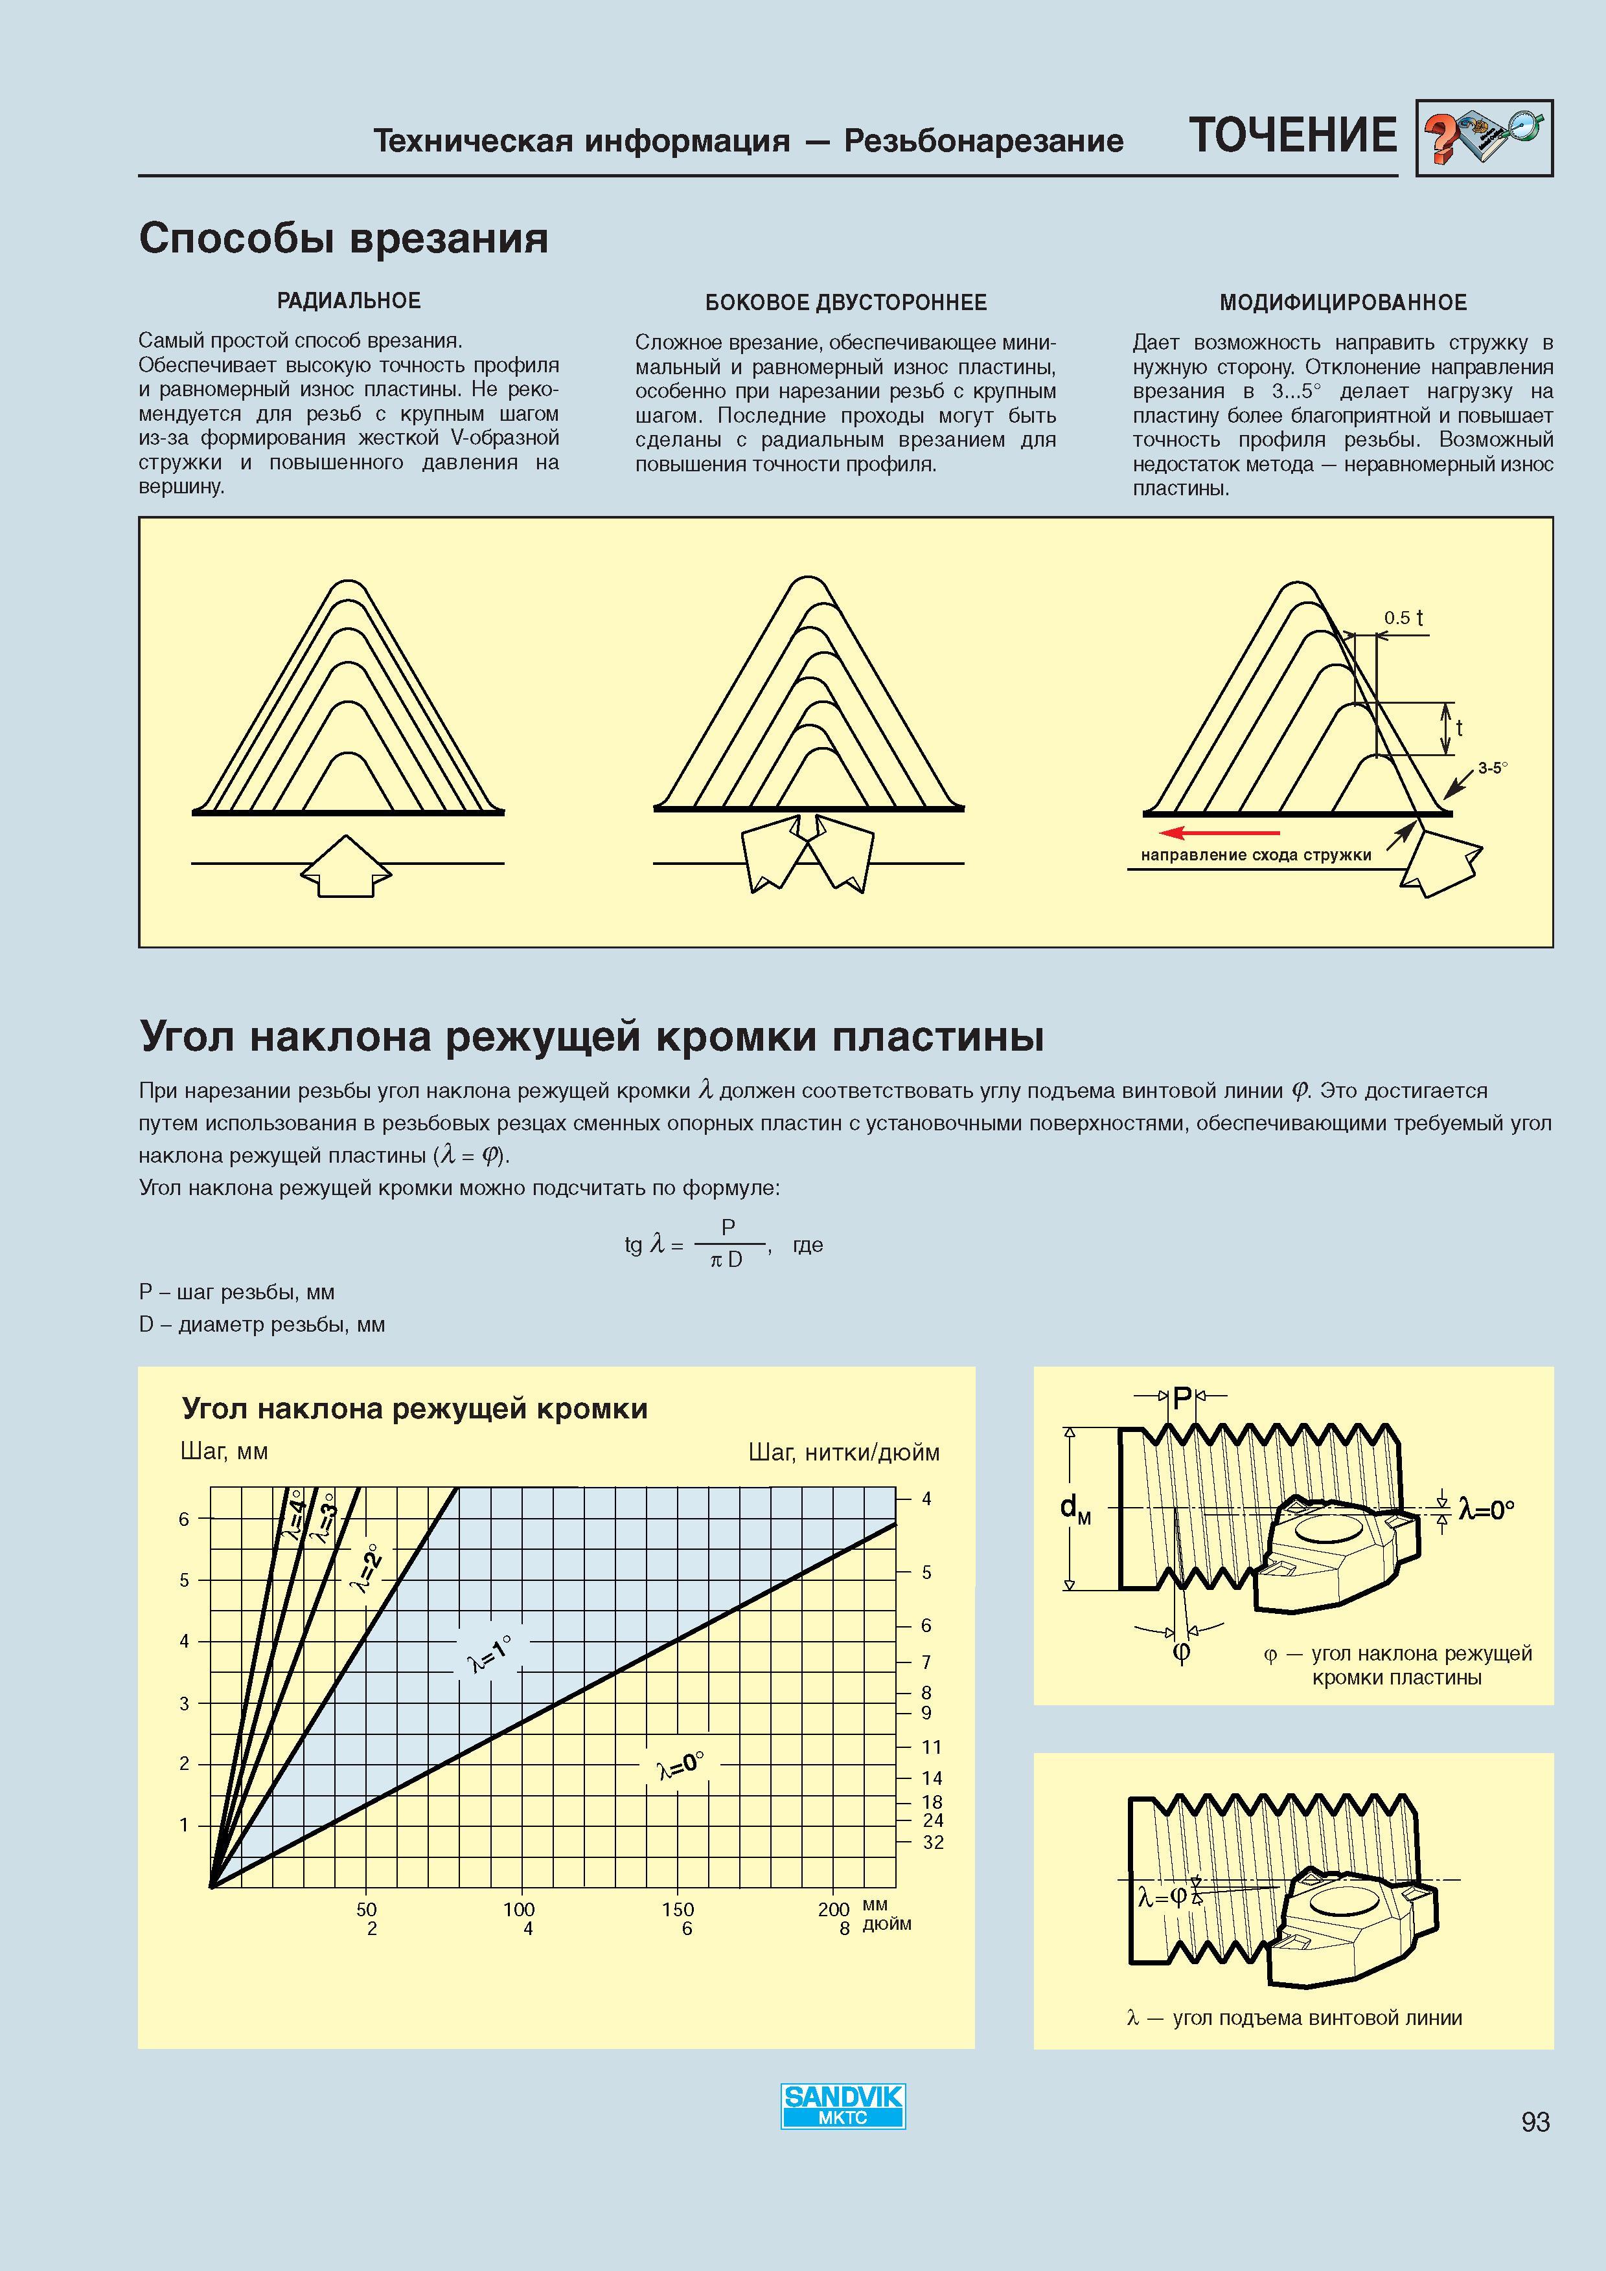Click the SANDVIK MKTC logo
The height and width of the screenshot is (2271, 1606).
point(843,2106)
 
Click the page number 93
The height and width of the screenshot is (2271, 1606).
point(1535,2121)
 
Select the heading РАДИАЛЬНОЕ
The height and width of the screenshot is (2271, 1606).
point(349,300)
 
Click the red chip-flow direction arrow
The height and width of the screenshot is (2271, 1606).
point(1220,832)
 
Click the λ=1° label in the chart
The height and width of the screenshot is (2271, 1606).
point(490,1653)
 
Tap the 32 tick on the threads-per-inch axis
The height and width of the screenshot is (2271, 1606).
point(933,1842)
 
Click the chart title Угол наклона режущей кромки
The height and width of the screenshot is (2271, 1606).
point(415,1409)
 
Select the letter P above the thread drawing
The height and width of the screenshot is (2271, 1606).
point(1182,1398)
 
